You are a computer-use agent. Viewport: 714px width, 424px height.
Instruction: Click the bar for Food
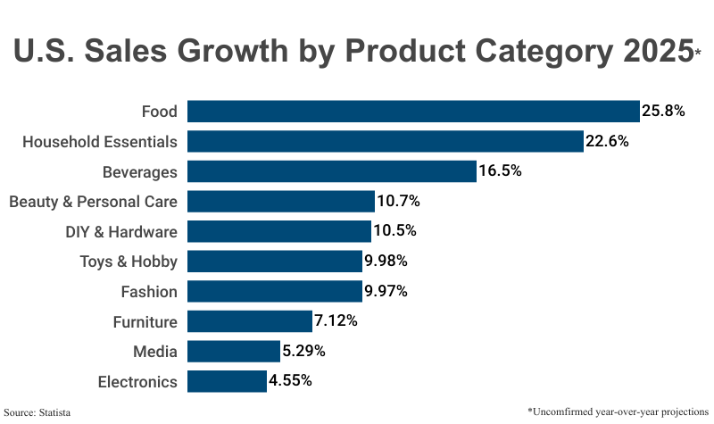[x=413, y=112]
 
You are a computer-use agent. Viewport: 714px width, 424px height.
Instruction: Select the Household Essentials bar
[x=385, y=141]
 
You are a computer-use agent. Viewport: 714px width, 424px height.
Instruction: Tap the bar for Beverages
[x=331, y=171]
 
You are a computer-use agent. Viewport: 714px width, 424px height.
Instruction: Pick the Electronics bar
[x=227, y=381]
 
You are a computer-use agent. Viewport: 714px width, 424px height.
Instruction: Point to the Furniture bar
[x=249, y=321]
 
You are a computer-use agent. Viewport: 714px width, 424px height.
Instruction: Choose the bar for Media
[x=233, y=351]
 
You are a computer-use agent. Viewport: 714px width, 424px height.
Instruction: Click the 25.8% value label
[x=663, y=112]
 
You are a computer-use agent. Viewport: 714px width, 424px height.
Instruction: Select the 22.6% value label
[x=607, y=141]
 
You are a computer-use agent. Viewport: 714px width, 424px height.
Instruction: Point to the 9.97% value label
[x=386, y=291]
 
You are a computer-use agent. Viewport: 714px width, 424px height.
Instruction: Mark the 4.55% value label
[x=290, y=381]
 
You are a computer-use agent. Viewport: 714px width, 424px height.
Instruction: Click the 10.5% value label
[x=394, y=231]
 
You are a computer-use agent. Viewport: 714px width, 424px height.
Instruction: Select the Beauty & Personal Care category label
[x=93, y=202]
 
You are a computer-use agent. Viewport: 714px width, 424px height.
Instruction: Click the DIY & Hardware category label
[x=121, y=232]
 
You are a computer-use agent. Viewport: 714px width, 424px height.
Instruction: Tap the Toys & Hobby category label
[x=129, y=262]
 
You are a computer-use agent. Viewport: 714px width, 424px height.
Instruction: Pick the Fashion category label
[x=149, y=292]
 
